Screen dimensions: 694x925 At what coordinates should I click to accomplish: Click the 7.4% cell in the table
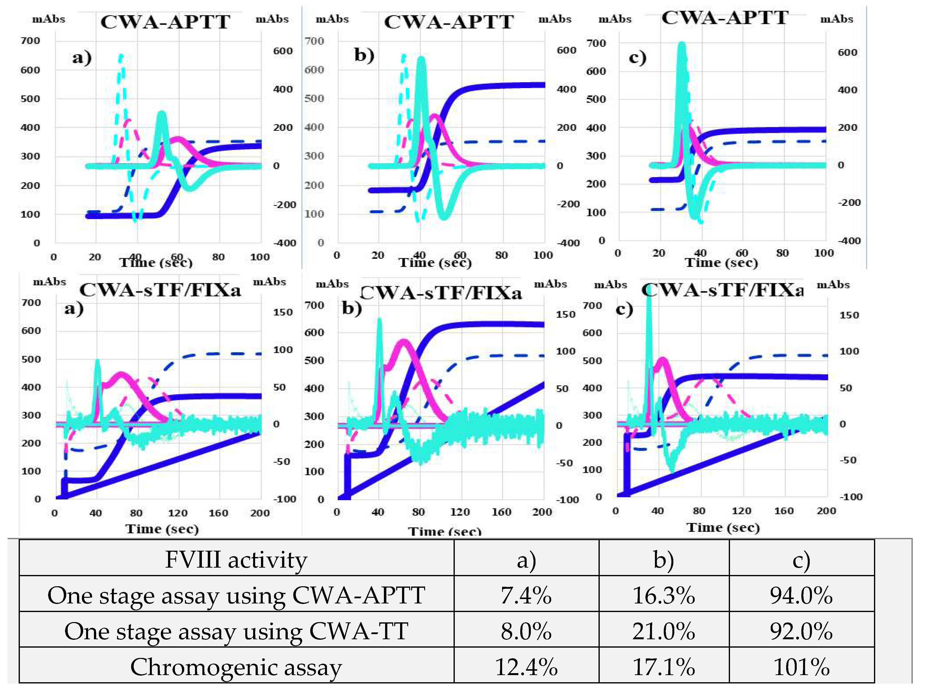pos(526,595)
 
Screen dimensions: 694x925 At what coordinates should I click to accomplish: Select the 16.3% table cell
pos(664,595)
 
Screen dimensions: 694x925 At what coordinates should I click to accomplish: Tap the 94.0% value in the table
pos(801,595)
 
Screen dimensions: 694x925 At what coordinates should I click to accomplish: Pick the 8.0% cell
pos(526,631)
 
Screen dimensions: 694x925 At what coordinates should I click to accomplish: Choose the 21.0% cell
pos(664,631)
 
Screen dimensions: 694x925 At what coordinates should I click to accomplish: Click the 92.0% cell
pos(801,631)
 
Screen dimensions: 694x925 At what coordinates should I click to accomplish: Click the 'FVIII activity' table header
pos(236,559)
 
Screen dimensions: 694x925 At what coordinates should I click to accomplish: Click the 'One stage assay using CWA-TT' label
pos(236,631)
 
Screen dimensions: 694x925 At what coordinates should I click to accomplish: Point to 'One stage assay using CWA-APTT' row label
pos(236,595)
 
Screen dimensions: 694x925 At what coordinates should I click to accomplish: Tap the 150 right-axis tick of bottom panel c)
pos(849,315)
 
